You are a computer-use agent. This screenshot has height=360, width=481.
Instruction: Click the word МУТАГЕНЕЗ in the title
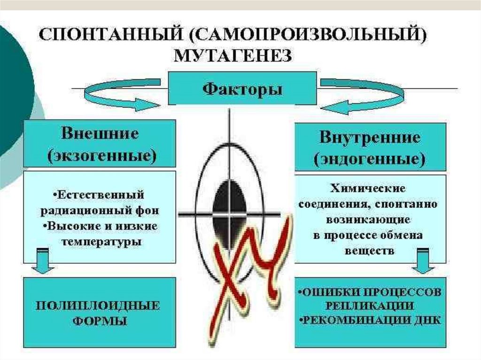click(x=233, y=56)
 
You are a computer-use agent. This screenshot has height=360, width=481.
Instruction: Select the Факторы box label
click(x=242, y=88)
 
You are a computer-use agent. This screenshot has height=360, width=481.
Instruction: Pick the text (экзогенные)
click(x=101, y=155)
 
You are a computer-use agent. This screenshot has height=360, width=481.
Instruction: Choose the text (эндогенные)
click(x=370, y=160)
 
